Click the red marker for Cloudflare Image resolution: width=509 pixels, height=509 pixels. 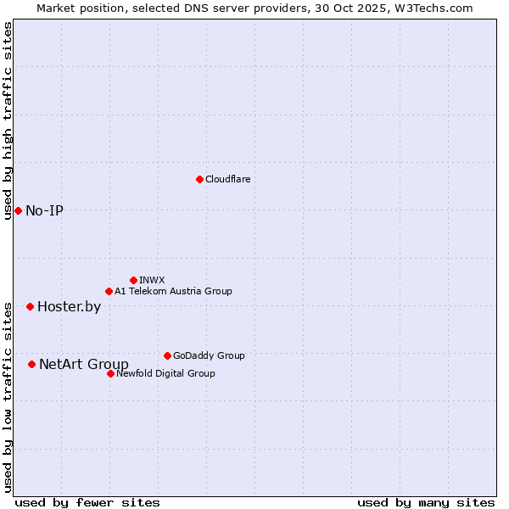[199, 179]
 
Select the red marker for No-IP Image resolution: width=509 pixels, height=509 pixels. [18, 210]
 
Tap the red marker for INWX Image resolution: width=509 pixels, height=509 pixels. [133, 280]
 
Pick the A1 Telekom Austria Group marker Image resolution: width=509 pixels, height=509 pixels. [109, 291]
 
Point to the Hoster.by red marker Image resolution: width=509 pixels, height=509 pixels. [30, 306]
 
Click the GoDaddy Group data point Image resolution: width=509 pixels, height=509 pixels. [167, 355]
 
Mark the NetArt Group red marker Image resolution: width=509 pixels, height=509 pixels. [31, 364]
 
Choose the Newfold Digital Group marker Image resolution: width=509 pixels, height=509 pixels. [110, 373]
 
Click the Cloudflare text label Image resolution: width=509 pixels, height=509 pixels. [227, 179]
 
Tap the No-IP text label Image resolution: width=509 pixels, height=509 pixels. [44, 210]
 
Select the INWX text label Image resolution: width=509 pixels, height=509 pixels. [152, 280]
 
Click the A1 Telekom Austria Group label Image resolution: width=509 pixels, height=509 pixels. [173, 291]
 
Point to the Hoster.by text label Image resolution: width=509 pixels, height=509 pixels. [69, 306]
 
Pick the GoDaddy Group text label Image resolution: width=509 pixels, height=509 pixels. [209, 355]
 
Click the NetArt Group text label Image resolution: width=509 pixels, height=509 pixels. [84, 364]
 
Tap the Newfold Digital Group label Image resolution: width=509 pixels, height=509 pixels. [165, 373]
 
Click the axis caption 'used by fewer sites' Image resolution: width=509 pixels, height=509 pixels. [87, 502]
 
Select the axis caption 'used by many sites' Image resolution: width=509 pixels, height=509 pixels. [426, 502]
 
